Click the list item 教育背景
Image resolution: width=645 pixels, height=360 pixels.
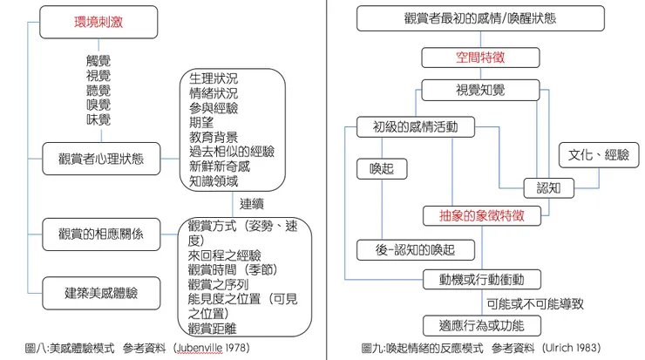coord(214,138)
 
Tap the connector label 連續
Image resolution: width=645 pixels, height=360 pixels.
coord(252,203)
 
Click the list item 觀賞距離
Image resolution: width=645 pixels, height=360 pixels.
coord(214,328)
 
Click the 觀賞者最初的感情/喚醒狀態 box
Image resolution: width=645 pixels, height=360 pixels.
coord(480,18)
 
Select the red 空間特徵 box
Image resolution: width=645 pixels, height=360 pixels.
coord(480,58)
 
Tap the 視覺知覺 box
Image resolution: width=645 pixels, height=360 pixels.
coord(480,90)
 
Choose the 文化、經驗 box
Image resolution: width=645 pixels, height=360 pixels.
coord(598,155)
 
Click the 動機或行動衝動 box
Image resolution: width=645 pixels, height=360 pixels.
coord(480,280)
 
